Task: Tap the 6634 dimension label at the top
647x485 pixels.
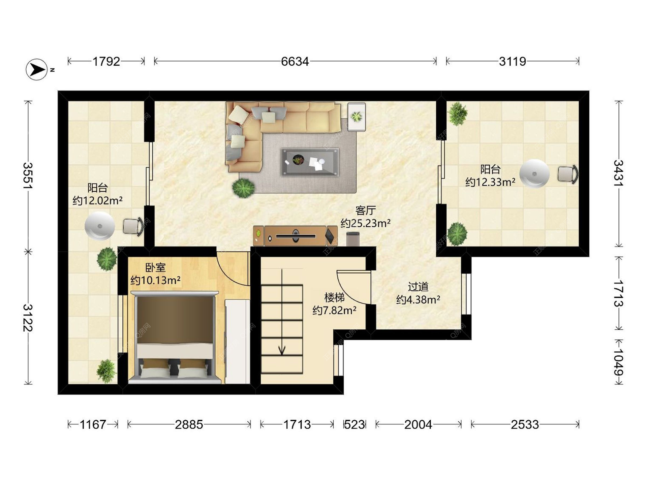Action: (295, 62)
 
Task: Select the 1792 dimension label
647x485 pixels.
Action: (106, 62)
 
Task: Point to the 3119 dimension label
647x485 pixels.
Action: (513, 62)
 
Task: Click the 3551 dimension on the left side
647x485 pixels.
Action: (28, 175)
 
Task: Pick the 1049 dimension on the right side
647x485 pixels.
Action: (619, 362)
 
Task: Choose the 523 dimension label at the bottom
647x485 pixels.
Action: (355, 424)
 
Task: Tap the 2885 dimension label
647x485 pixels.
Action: (189, 424)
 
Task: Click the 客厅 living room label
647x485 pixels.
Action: (366, 211)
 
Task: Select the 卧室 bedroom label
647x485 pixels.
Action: (155, 268)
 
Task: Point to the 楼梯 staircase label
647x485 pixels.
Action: (334, 297)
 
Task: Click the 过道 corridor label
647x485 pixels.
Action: (418, 287)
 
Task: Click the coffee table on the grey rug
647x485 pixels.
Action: (310, 162)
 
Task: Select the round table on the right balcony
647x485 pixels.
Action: (534, 174)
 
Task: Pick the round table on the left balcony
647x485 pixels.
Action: (100, 226)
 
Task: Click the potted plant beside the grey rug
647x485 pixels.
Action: (243, 188)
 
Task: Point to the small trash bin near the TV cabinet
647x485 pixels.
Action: (353, 238)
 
